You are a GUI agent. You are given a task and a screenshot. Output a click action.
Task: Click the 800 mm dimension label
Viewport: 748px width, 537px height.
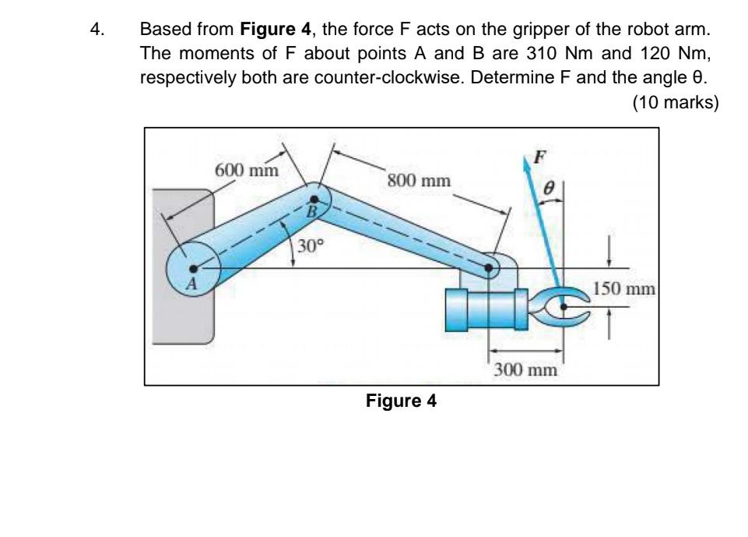pyautogui.click(x=418, y=181)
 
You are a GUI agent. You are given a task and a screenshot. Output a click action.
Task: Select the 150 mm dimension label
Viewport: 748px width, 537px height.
pyautogui.click(x=625, y=291)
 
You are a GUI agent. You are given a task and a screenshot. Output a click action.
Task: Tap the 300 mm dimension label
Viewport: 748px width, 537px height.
pyautogui.click(x=526, y=369)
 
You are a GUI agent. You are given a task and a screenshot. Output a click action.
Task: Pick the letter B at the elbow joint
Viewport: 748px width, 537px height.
pyautogui.click(x=312, y=211)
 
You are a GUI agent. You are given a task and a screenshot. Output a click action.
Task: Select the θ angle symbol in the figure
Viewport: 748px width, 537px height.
pyautogui.click(x=548, y=188)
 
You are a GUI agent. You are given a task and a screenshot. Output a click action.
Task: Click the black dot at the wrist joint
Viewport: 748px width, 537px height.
pyautogui.click(x=489, y=270)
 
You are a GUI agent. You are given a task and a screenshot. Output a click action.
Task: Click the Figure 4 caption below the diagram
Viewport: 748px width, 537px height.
pyautogui.click(x=402, y=401)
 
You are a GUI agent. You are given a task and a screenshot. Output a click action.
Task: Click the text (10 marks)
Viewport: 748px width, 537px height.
pyautogui.click(x=675, y=102)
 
